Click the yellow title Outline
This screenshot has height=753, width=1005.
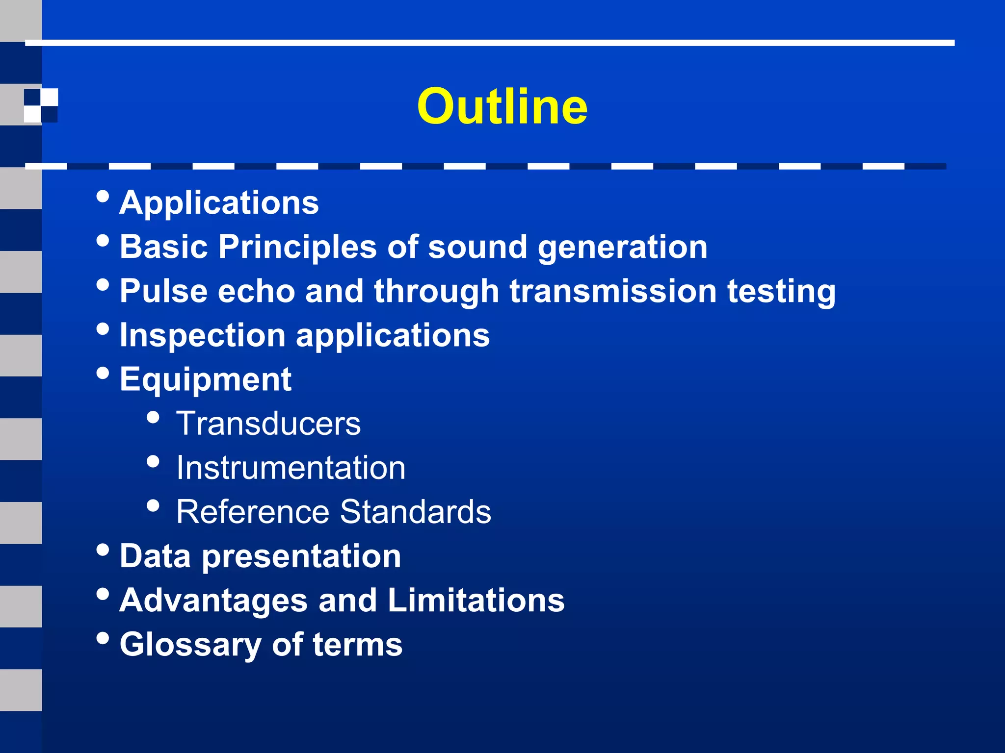502,106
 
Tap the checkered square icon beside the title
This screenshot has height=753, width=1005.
41,105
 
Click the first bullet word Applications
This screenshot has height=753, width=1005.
219,202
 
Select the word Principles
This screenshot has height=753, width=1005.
297,247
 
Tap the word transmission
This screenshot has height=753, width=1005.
613,291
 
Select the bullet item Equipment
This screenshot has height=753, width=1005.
206,380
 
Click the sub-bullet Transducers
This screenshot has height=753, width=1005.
268,424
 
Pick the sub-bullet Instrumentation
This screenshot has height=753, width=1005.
291,468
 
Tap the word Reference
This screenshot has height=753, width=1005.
253,512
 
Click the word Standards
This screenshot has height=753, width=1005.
415,512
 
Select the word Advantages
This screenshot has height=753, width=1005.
213,601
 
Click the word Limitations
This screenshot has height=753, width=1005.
476,601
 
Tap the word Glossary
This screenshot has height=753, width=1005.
190,645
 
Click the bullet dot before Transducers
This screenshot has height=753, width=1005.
153,417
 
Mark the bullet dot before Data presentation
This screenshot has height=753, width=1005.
103,550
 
